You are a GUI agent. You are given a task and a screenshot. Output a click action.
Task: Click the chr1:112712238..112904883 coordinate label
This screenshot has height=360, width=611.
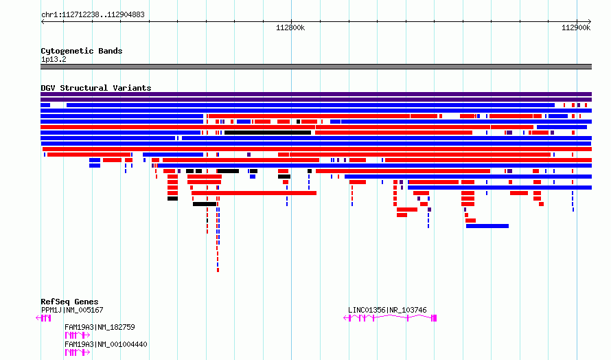(x=93, y=14)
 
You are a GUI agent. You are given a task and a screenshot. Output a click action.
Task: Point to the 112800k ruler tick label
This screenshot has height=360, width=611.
(x=290, y=28)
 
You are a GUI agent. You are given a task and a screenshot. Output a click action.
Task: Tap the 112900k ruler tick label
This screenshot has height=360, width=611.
(x=576, y=28)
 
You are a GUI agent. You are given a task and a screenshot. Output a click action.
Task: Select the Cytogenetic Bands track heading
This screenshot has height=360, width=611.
(x=81, y=51)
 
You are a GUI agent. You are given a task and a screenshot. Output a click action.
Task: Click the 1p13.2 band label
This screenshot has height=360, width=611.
(x=54, y=59)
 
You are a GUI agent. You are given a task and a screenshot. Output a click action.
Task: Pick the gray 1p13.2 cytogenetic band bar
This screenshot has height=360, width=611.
(x=316, y=67)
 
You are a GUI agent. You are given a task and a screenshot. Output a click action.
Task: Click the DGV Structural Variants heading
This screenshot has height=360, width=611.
(x=95, y=88)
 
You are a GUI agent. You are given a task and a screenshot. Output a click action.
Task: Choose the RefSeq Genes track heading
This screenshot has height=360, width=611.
(x=69, y=302)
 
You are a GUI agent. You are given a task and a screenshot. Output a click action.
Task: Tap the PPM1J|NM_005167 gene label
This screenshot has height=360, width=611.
(x=72, y=310)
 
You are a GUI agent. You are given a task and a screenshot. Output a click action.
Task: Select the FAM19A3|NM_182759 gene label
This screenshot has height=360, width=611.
(x=100, y=327)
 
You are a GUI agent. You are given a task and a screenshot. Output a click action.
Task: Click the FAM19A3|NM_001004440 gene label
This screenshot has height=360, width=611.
(x=106, y=344)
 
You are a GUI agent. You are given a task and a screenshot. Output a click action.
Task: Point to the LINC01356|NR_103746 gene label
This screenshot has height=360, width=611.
(x=387, y=310)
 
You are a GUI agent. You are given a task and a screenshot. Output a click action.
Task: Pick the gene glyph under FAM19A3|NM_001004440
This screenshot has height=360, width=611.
(x=77, y=352)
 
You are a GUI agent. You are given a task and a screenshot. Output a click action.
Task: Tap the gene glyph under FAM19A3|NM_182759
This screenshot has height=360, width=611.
(x=77, y=335)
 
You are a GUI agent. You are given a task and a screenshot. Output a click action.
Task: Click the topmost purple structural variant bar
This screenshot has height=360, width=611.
(x=316, y=94)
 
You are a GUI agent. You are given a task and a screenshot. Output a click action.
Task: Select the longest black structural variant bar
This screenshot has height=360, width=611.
(x=268, y=133)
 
